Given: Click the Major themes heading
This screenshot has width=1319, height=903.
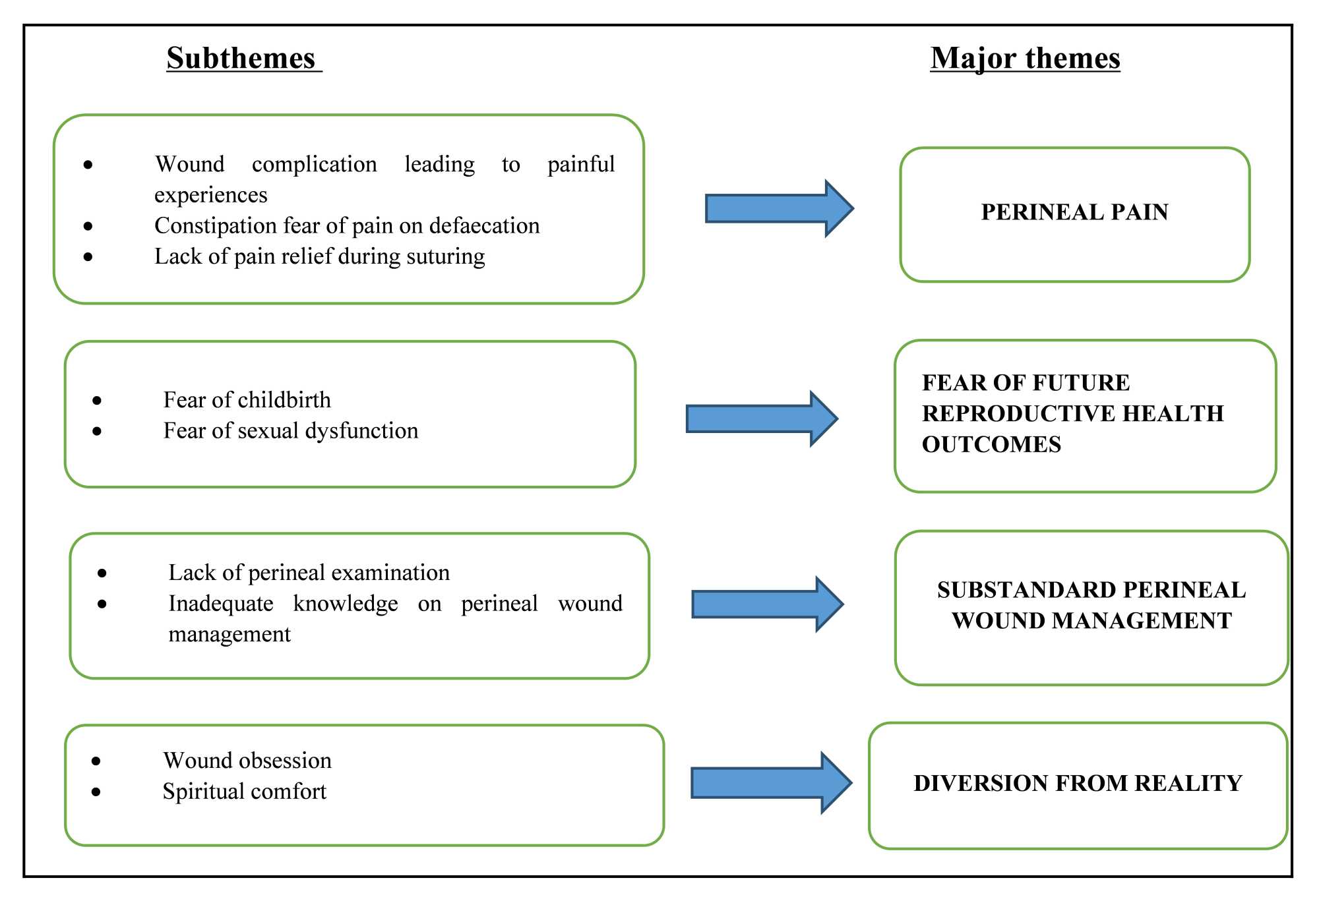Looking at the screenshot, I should click(x=1025, y=58).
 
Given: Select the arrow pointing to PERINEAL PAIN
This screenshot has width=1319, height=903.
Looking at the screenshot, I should click(x=778, y=208).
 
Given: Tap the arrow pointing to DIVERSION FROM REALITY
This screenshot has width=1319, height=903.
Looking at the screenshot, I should click(x=770, y=782).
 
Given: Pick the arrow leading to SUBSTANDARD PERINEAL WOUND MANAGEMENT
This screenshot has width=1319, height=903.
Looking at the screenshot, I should click(x=766, y=604).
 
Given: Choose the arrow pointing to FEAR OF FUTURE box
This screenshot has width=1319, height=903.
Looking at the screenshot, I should click(x=760, y=419).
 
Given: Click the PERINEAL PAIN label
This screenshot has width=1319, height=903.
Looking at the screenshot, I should click(x=1074, y=212).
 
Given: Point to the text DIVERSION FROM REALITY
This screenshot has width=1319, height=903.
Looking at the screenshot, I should click(x=1078, y=783).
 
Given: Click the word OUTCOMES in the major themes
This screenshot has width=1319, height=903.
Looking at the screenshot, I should click(x=991, y=444).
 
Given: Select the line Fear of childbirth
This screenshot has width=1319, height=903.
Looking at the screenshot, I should click(x=247, y=400).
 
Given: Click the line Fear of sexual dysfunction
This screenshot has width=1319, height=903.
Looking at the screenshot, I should click(x=290, y=431).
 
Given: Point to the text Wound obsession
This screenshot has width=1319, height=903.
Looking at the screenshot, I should click(x=247, y=761).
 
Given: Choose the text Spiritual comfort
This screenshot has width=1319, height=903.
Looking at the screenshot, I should click(x=244, y=792).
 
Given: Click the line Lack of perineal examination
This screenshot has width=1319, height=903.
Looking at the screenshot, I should click(x=309, y=573).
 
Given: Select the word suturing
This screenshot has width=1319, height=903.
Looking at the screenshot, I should click(x=445, y=256).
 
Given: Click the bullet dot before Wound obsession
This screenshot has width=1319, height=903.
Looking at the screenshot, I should click(x=96, y=761).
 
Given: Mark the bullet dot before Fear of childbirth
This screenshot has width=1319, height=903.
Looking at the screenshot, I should click(x=97, y=401).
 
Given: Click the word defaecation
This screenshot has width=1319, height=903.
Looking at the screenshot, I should click(x=484, y=226).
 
